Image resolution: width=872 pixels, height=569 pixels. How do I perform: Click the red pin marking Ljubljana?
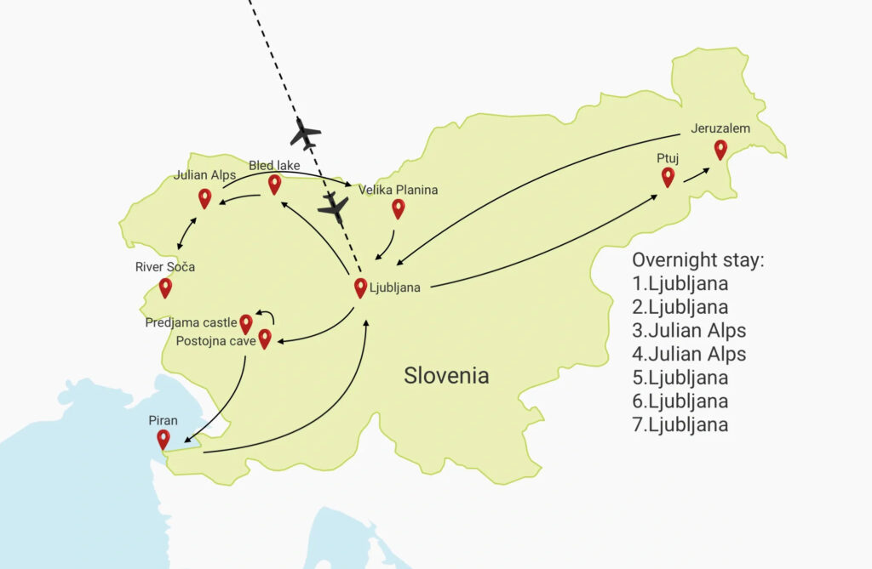[360, 287]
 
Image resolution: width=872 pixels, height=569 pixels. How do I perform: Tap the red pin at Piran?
[163, 439]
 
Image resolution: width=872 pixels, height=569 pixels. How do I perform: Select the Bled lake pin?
[274, 184]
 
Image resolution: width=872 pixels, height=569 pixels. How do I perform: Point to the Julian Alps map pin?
[204, 198]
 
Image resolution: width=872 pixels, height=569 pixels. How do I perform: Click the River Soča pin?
[165, 287]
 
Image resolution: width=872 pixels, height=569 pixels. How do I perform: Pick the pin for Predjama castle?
[246, 323]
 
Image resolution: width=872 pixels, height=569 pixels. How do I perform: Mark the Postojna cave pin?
[265, 339]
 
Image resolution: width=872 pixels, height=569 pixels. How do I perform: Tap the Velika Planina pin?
[398, 208]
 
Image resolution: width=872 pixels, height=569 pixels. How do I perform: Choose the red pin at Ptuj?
[668, 177]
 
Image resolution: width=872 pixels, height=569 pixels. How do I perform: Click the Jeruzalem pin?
[720, 150]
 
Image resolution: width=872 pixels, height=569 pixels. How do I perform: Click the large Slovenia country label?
[446, 375]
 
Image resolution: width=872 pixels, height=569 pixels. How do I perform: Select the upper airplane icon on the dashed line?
[305, 134]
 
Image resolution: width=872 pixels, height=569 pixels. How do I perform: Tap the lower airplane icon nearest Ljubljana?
[334, 207]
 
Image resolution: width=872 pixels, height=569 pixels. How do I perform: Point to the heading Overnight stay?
[697, 260]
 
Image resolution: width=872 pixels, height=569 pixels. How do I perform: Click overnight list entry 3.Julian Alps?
[689, 330]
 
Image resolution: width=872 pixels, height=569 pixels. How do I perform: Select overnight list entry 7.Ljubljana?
[680, 424]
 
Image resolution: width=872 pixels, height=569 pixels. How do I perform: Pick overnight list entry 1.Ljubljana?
[680, 283]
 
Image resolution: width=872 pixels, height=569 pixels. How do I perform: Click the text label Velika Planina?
[398, 190]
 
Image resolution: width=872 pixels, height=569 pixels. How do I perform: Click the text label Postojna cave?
[215, 342]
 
